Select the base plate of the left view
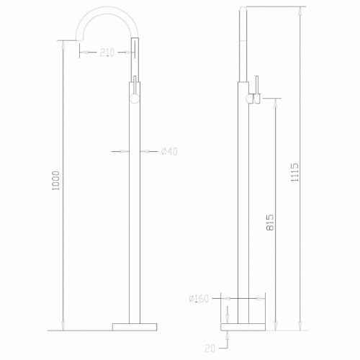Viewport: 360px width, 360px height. (135, 326)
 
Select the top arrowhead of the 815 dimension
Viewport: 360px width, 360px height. (274, 101)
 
